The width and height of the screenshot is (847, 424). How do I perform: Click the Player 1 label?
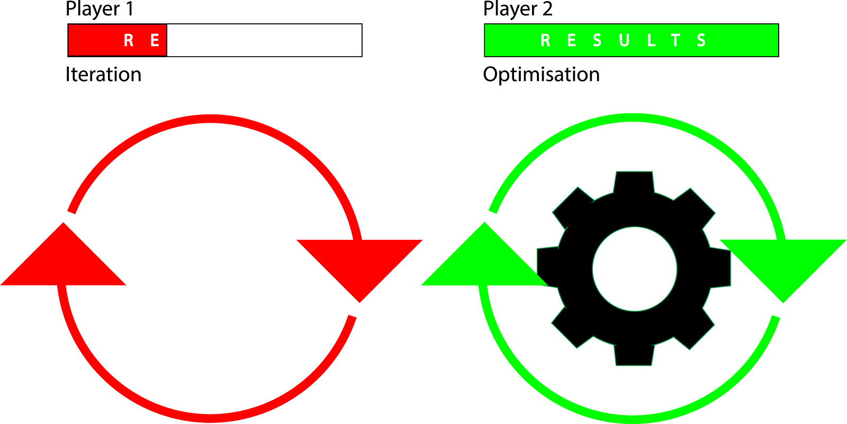tap(100, 10)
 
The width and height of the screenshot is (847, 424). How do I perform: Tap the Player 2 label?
tap(518, 10)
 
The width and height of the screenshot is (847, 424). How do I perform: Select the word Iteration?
tap(103, 75)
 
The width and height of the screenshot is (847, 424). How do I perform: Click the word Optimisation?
tap(541, 75)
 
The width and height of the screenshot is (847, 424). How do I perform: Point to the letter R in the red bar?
tap(129, 40)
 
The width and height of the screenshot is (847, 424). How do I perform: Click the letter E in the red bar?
tap(155, 40)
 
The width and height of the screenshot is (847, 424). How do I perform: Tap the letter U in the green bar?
tap(624, 40)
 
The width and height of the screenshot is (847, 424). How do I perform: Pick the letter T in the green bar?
tap(675, 40)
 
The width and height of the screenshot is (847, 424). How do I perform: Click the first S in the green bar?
tap(597, 40)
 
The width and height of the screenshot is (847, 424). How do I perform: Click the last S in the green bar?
tap(701, 40)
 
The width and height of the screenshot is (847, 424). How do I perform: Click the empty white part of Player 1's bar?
tap(264, 40)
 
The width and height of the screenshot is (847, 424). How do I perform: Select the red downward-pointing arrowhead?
tap(359, 261)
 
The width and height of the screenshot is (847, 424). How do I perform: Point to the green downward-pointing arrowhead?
tap(783, 263)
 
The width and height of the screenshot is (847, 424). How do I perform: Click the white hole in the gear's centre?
tap(634, 269)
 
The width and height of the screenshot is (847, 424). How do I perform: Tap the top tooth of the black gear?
tap(634, 183)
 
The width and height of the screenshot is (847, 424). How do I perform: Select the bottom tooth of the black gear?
tap(634, 355)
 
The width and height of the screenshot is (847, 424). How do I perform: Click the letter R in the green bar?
tap(546, 40)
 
